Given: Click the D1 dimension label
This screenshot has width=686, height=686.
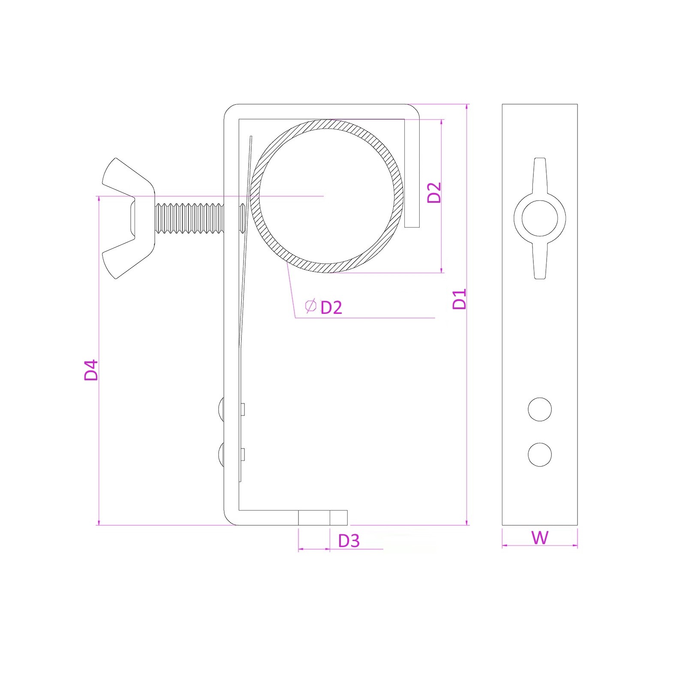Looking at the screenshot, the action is click(459, 299).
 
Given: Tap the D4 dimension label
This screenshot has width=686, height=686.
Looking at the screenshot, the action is click(91, 370).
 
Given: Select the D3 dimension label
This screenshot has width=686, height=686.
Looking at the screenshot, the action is click(349, 541).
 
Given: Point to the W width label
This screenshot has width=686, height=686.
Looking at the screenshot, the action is click(540, 537).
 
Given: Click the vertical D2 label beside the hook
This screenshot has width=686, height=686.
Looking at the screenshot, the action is click(434, 193).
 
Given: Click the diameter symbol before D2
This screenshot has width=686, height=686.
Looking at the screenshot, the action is click(310, 306).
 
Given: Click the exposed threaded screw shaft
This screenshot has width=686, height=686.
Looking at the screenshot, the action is click(189, 218).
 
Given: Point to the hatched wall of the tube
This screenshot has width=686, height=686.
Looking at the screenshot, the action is click(327, 196).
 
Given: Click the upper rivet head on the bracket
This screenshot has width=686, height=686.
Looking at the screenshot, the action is click(221, 409).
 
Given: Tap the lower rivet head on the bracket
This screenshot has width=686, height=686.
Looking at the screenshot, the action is click(221, 454).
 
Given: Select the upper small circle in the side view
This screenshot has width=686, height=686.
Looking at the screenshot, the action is click(540, 409).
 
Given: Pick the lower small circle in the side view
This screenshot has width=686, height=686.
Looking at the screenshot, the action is click(540, 454).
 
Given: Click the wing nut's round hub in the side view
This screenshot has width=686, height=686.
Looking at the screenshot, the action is click(540, 218).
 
